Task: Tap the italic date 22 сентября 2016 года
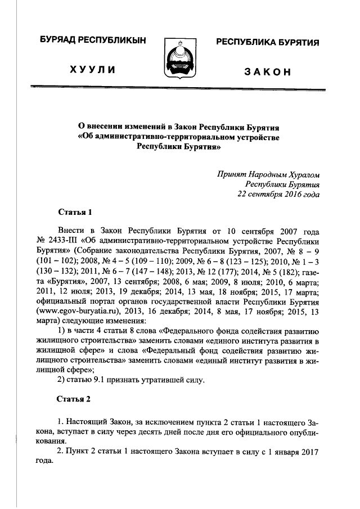(x=278, y=195)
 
